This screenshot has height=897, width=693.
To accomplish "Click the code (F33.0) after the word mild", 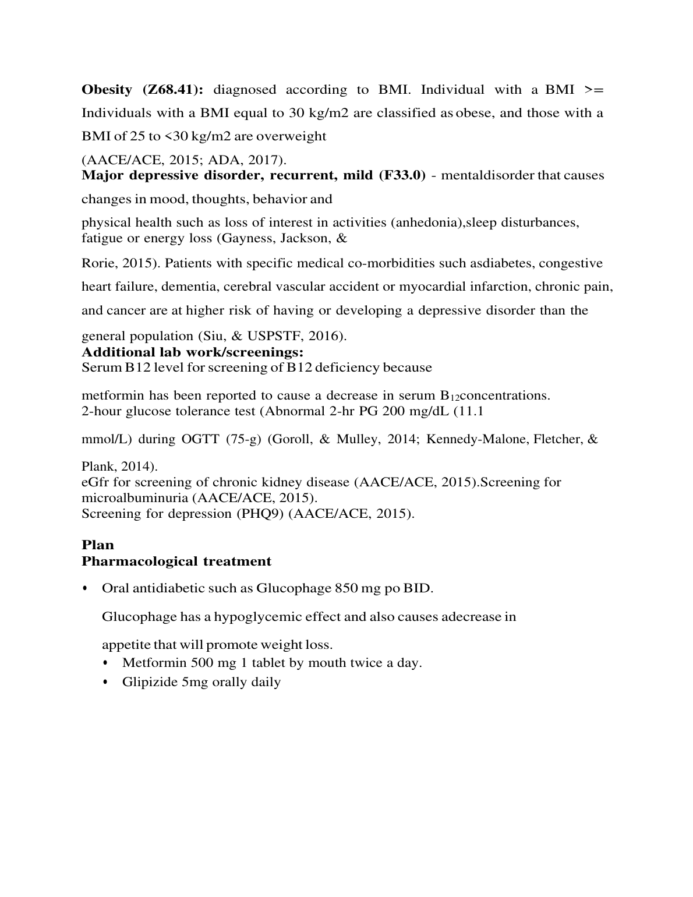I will coord(402,175).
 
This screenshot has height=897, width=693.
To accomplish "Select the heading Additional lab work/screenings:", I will coord(193,352).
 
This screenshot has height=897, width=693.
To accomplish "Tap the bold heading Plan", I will coord(98,545).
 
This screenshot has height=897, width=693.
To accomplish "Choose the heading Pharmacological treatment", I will coord(176,561).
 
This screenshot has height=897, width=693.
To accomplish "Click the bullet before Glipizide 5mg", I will coord(105,682).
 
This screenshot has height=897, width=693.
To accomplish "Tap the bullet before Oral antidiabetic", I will coord(85,588).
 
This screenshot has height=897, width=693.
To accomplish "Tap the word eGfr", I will coord(96,482).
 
